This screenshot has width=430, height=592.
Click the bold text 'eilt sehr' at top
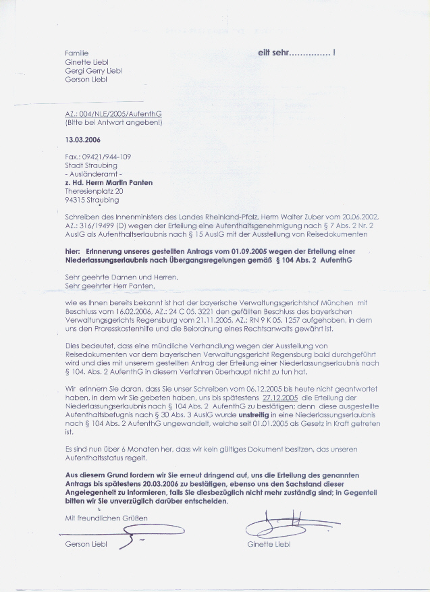276,52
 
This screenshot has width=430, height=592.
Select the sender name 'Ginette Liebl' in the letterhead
86,61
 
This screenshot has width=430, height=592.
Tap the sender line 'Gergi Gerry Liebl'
93,70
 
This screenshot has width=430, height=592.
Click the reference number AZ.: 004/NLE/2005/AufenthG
113,115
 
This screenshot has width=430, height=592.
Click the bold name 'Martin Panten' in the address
128,182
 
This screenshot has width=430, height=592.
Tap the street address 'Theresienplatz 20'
94,191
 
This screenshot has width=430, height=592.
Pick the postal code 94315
76,200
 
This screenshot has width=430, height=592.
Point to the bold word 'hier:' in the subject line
73,251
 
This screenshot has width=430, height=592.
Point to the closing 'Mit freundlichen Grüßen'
106,517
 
